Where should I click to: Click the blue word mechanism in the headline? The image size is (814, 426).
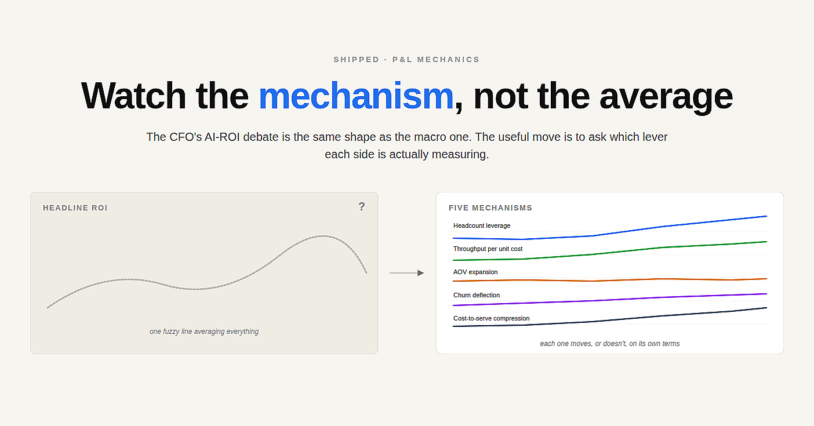pyautogui.click(x=356, y=96)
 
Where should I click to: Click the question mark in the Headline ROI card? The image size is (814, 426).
pyautogui.click(x=362, y=207)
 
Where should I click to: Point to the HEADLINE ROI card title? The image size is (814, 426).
pyautogui.click(x=75, y=207)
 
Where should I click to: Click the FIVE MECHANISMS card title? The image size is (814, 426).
pyautogui.click(x=490, y=207)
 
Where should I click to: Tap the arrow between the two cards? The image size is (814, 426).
pyautogui.click(x=406, y=273)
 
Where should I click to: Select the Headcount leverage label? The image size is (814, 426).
pyautogui.click(x=481, y=225)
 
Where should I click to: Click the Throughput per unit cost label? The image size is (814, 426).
pyautogui.click(x=488, y=249)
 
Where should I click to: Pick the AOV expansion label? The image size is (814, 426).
pyautogui.click(x=475, y=272)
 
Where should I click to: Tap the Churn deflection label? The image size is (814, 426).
pyautogui.click(x=477, y=295)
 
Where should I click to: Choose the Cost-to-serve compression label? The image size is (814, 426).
pyautogui.click(x=491, y=319)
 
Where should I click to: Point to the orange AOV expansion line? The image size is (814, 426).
pyautogui.click(x=610, y=280)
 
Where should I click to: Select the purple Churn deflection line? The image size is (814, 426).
pyautogui.click(x=610, y=300)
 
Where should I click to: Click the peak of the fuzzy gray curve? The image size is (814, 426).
pyautogui.click(x=323, y=236)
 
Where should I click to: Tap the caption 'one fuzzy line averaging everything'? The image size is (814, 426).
pyautogui.click(x=204, y=332)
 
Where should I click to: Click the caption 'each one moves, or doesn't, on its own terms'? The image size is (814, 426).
pyautogui.click(x=610, y=344)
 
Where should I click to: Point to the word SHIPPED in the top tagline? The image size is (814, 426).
pyautogui.click(x=357, y=60)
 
